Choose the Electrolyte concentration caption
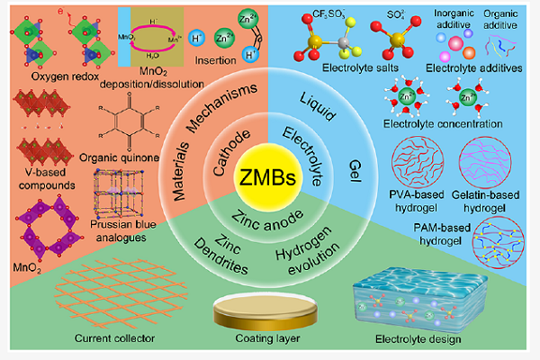click(439, 125)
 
